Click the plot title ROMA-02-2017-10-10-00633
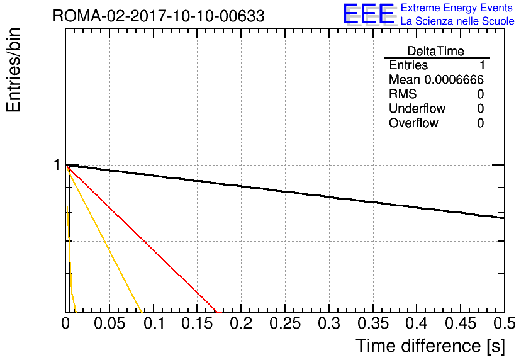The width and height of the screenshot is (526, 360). [x=159, y=16]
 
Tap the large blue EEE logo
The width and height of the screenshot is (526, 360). [x=369, y=14]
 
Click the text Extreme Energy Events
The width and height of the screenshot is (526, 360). [x=457, y=8]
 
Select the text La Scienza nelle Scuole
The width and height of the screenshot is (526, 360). [x=457, y=21]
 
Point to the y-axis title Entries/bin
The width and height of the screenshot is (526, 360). [x=13, y=70]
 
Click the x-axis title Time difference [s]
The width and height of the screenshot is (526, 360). [x=430, y=346]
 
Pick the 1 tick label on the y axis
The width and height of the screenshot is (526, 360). [x=57, y=165]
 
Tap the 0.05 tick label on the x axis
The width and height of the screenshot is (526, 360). [x=109, y=323]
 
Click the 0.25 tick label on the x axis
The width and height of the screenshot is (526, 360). [x=285, y=323]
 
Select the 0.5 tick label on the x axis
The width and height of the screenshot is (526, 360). [x=504, y=323]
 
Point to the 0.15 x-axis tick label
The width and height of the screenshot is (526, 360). [x=197, y=323]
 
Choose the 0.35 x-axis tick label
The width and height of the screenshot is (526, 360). [x=372, y=323]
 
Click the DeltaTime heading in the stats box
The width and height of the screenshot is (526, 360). [x=436, y=51]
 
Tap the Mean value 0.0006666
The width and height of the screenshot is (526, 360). [x=454, y=79]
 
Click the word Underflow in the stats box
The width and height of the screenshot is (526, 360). [x=417, y=108]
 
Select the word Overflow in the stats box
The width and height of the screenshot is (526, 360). [x=413, y=123]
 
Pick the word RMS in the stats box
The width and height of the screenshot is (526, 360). [x=403, y=94]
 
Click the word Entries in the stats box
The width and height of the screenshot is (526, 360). [x=408, y=65]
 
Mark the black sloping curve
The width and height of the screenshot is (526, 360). [x=285, y=191]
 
